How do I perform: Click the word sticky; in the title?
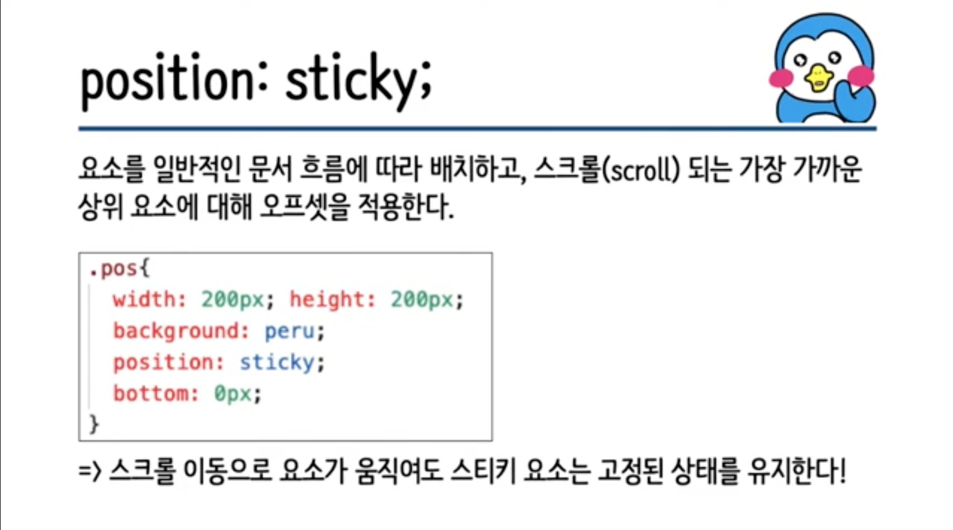(358, 81)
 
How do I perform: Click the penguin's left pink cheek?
(781, 78)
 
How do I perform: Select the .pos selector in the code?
(113, 269)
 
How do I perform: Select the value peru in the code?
(290, 332)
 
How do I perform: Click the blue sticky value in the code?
(277, 363)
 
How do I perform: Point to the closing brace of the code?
(94, 424)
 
